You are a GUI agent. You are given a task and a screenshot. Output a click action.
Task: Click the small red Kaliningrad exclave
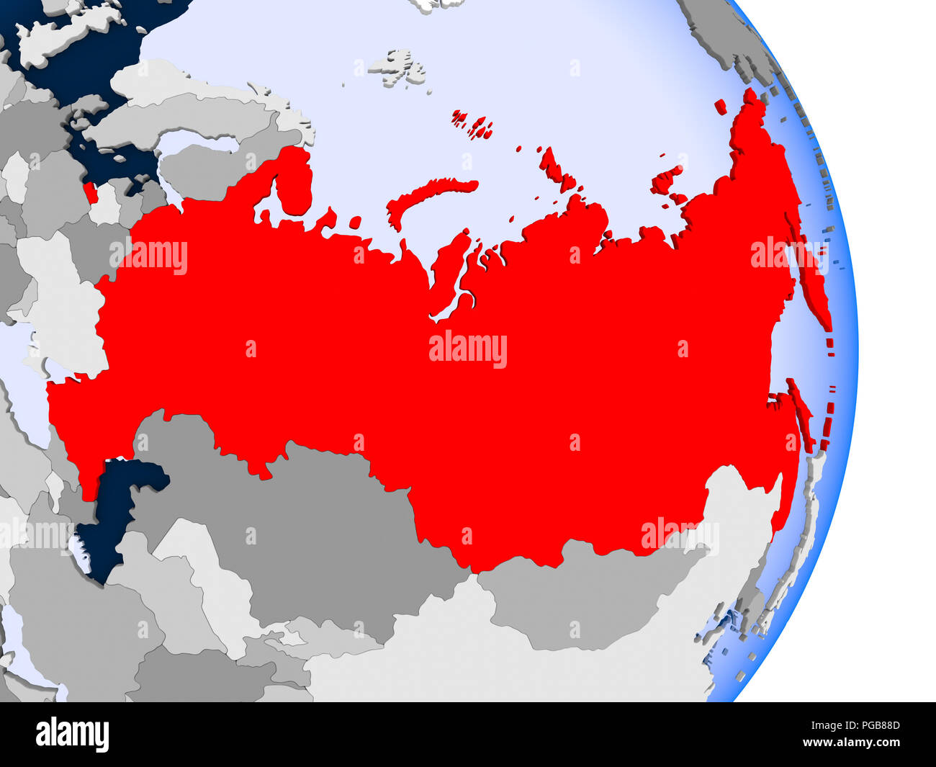(90, 193)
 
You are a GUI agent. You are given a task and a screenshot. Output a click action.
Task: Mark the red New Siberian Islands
(666, 180)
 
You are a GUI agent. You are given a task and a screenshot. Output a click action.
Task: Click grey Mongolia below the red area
(576, 598)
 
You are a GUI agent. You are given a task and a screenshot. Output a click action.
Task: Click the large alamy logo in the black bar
(73, 735)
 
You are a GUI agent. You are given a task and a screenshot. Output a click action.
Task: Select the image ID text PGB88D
(871, 727)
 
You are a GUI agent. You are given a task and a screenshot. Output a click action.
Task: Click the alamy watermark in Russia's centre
(468, 350)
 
